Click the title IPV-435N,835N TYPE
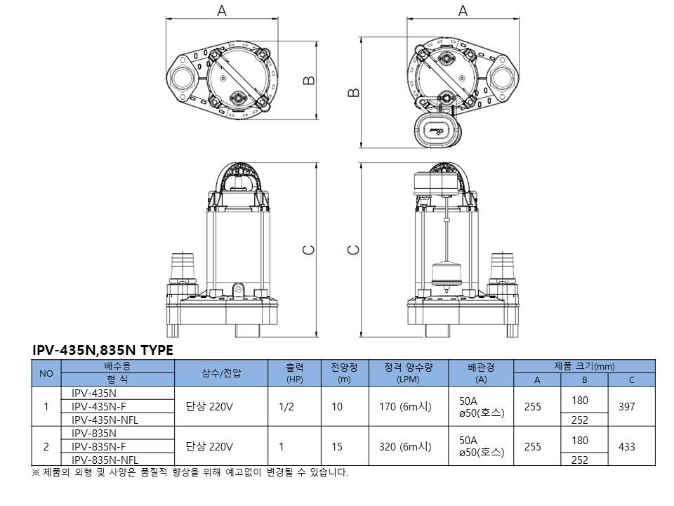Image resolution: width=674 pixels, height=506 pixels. point(103,350)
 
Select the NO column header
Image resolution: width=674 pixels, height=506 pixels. point(46,373)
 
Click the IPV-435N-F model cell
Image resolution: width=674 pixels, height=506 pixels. point(99,406)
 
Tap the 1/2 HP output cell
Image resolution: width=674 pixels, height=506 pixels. point(286,406)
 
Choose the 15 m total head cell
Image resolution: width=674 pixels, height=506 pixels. point(337,446)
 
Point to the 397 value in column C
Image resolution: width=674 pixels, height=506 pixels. point(632,406)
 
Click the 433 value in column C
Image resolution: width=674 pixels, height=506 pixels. point(632,446)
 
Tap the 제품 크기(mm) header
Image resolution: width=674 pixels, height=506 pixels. point(584,366)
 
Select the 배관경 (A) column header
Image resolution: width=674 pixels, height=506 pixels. point(481,373)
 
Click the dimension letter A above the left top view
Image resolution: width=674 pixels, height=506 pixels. point(222,11)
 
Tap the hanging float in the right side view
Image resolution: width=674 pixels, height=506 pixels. point(446,273)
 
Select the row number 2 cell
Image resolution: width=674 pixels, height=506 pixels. point(46,446)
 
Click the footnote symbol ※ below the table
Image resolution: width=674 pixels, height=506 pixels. point(37,472)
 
